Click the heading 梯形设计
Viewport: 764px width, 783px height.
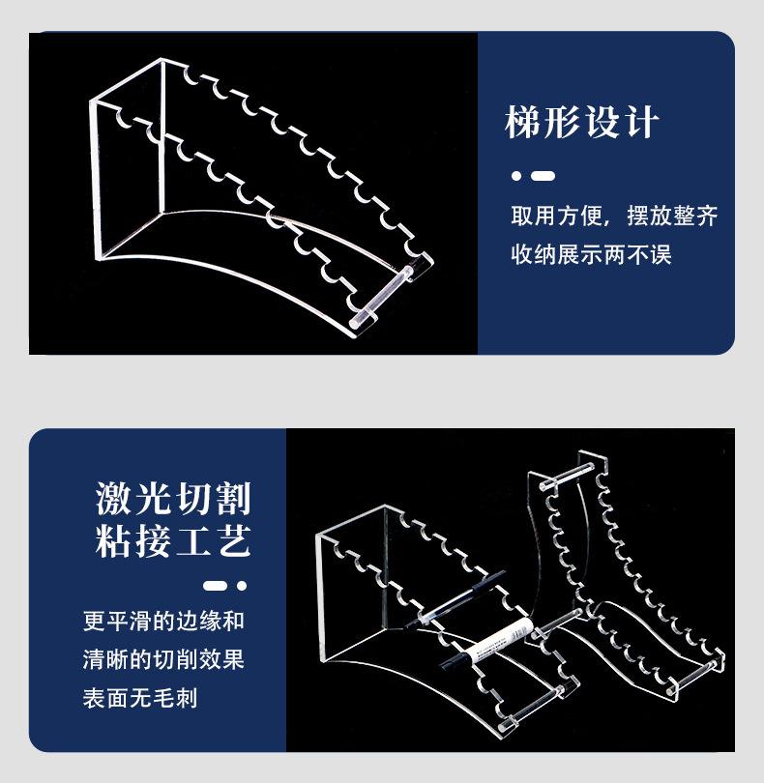pos(581,124)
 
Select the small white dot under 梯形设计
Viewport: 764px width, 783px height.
pos(516,176)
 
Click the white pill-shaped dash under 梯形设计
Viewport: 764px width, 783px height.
pos(544,176)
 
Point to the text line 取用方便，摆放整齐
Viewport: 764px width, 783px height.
pos(614,217)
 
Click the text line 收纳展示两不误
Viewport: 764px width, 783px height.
pos(591,255)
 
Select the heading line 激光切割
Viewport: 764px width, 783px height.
pos(173,499)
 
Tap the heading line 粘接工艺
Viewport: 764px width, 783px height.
pos(173,540)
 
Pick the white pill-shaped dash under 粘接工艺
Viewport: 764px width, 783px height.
pos(215,586)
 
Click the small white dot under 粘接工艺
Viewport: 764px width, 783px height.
pos(242,586)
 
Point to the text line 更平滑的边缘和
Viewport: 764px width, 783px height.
pos(163,621)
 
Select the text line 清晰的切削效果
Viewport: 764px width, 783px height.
pos(163,660)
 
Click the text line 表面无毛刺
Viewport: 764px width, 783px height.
pos(140,698)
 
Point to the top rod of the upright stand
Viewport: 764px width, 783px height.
pos(570,471)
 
